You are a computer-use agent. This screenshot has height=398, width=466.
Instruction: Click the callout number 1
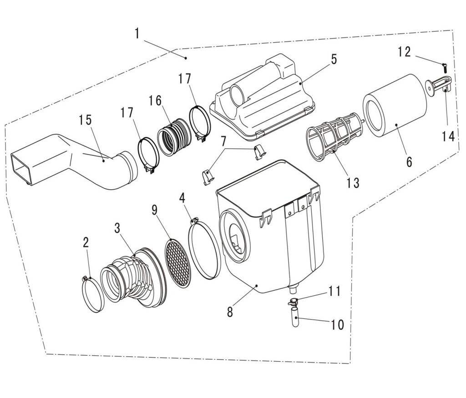pyautogui.click(x=137, y=34)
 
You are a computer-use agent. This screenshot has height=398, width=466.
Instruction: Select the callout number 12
pyautogui.click(x=404, y=51)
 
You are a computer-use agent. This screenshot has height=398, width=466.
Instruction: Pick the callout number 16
pyautogui.click(x=155, y=101)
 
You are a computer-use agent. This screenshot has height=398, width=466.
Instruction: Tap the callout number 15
pyautogui.click(x=85, y=120)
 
